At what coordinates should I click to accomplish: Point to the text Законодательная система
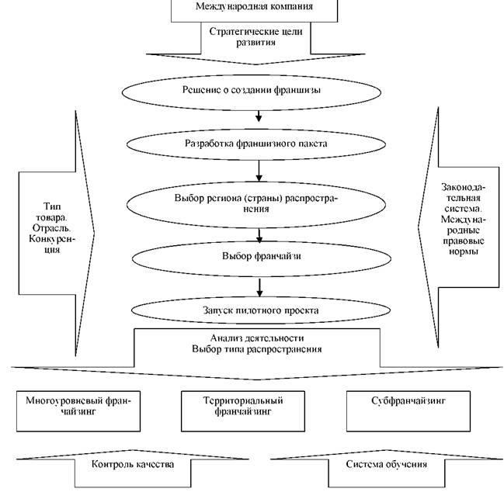457,203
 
